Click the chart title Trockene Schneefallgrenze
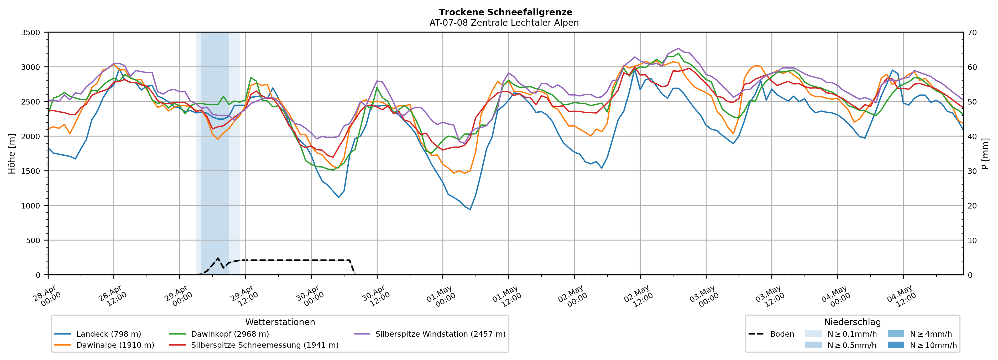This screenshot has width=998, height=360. tap(505, 12)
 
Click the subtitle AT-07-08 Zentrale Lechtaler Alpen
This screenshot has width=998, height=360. tap(504, 23)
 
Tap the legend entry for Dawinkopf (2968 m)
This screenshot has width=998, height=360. tap(219, 334)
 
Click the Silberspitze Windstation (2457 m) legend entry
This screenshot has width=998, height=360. tap(430, 334)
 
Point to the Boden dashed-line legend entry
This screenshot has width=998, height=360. tap(771, 334)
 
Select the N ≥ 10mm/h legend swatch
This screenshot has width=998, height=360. tap(896, 345)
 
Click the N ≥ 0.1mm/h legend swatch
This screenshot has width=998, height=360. tap(813, 334)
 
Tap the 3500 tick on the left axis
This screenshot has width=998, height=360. tap(31, 33)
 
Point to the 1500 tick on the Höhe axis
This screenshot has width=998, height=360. tap(31, 171)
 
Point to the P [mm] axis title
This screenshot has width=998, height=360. tap(986, 154)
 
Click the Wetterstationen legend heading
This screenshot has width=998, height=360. tap(280, 322)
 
